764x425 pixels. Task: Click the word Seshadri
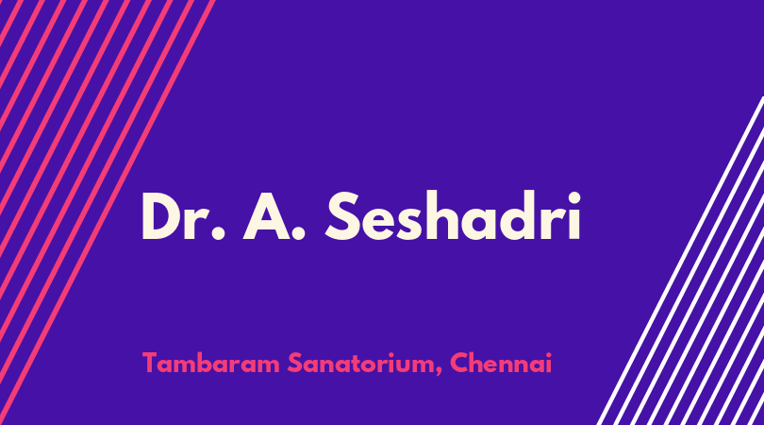453,215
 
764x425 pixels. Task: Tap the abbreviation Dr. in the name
183,216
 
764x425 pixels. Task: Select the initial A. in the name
274,216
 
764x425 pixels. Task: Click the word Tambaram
211,363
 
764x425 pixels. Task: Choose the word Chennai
501,363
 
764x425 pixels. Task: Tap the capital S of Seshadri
343,216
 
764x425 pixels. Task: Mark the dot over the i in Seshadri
574,198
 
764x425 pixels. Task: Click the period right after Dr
218,233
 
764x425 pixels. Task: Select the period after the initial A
298,233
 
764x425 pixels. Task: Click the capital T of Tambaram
150,363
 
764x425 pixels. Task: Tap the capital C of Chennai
459,363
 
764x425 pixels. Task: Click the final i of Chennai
549,363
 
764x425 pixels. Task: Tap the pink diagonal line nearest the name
108,212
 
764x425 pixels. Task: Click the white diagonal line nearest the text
680,261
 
